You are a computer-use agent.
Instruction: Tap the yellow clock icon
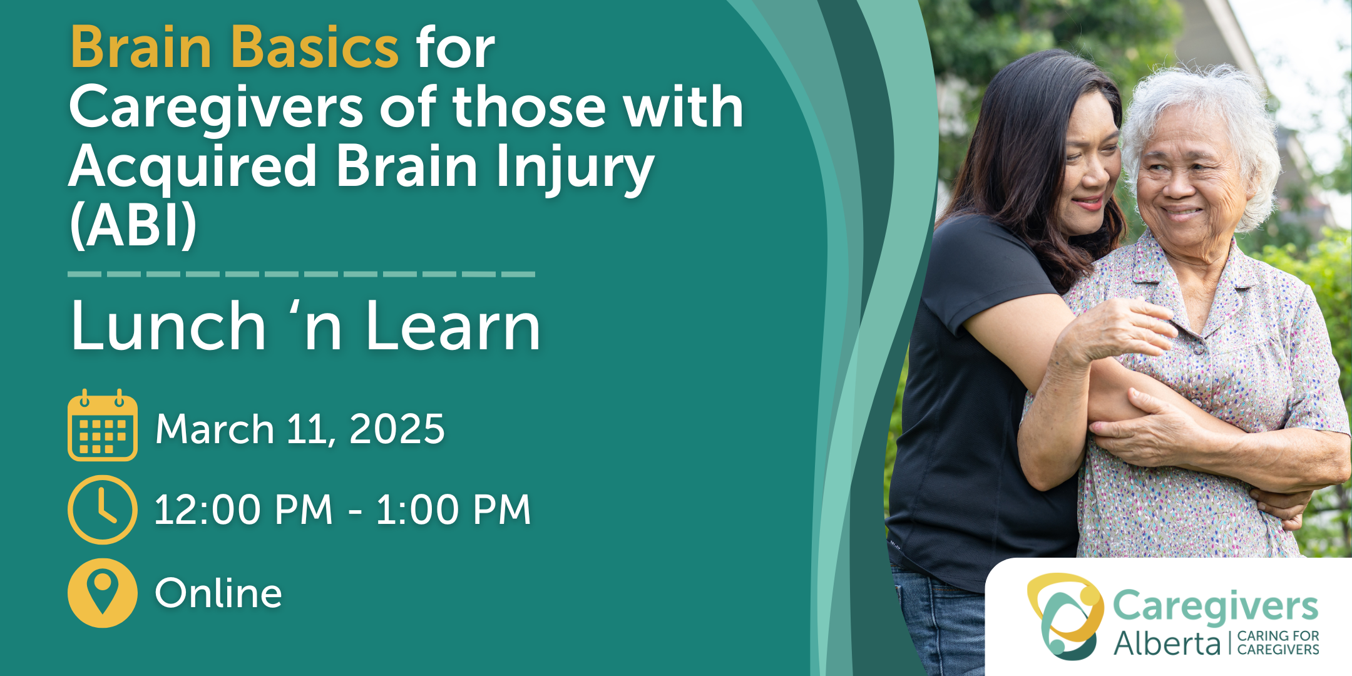coord(103,510)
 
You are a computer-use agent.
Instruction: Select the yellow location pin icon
coord(103,592)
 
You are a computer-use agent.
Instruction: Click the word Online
coord(218,593)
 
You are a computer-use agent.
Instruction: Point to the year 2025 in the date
coord(397,429)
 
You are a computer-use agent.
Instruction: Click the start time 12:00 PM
coord(243,510)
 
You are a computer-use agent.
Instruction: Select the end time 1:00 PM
coord(453,510)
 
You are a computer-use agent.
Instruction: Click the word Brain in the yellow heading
coord(141,48)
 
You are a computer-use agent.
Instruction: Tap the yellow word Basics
coord(315,48)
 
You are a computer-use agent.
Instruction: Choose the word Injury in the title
coord(575,168)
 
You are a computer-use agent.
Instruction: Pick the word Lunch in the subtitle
coord(168,327)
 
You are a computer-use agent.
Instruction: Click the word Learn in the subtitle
coord(453,327)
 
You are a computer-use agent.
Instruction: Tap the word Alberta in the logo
coord(1167,643)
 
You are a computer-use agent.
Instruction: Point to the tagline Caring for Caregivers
coord(1278,643)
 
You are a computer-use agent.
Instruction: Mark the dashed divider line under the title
coord(301,274)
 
